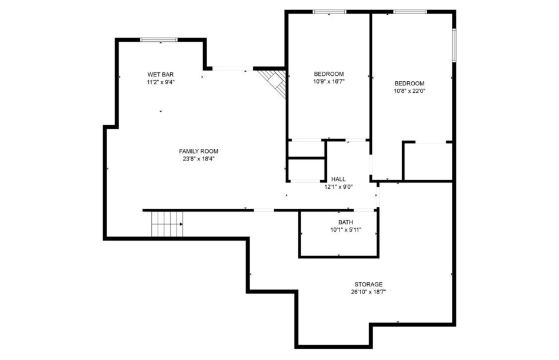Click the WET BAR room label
[161, 75]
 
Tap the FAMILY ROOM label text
[198, 151]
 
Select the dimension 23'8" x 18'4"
[198, 159]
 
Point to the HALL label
[338, 179]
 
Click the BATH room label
[345, 222]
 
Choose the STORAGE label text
[368, 285]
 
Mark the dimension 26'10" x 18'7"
[368, 292]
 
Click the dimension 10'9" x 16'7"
[329, 81]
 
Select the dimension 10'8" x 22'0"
[410, 91]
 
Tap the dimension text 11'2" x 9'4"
[161, 82]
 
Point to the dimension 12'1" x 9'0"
[338, 187]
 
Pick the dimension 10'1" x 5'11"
[345, 230]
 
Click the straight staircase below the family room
[167, 224]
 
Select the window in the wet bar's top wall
[159, 39]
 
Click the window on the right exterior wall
[454, 45]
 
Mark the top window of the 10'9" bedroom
[330, 12]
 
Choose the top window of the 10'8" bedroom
[410, 12]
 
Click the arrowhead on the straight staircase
[181, 224]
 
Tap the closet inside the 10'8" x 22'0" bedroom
[428, 162]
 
